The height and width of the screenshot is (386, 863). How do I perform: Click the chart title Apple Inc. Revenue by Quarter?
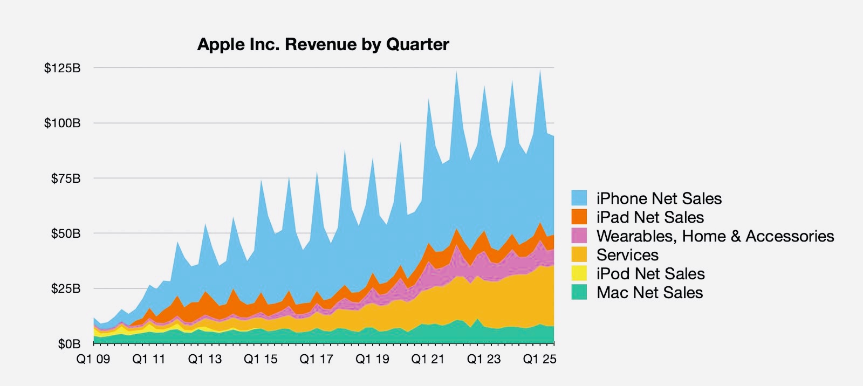pos(323,44)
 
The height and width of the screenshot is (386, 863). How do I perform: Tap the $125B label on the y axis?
pos(63,68)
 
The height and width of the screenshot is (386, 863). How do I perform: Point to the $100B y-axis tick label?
pos(63,123)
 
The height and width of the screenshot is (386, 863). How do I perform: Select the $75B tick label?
pos(66,178)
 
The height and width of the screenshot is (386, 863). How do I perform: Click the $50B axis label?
pos(66,234)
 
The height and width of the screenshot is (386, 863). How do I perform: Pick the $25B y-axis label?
pos(66,289)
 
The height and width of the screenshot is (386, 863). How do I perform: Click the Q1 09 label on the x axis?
pos(93,360)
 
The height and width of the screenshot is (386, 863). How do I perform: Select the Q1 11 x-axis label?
pos(149,360)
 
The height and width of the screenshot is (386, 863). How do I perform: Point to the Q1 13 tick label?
pos(205,360)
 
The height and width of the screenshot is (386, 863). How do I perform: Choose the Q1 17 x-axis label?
pos(317,360)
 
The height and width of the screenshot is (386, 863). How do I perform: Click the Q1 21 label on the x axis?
pos(428,360)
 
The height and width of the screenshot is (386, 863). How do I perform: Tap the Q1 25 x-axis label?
pos(539,360)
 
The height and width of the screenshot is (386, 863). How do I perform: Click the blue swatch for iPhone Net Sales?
pos(579,198)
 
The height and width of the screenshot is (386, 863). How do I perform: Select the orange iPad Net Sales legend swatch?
pos(579,217)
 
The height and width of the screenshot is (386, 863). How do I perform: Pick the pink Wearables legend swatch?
pos(579,236)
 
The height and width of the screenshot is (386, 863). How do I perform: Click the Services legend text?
pos(627,255)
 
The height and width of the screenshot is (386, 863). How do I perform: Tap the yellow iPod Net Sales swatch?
pos(579,273)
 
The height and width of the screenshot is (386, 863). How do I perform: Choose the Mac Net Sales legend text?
pos(650,293)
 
